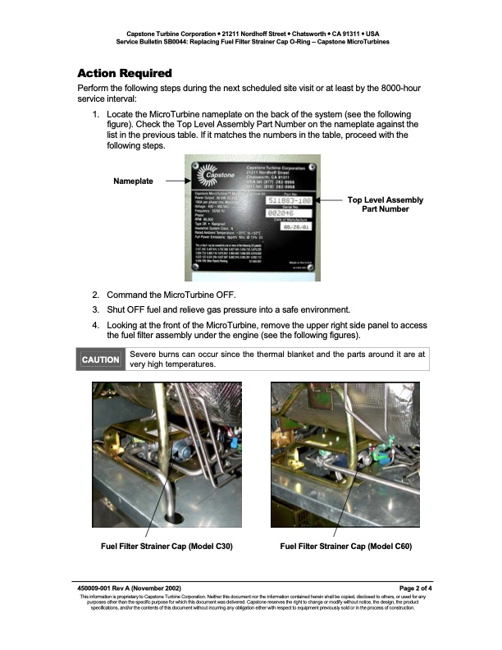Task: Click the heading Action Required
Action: tap(124, 74)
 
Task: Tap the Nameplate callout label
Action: tap(133, 181)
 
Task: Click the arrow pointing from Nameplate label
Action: tap(174, 181)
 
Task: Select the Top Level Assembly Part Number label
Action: tap(385, 204)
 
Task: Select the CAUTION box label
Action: tap(101, 359)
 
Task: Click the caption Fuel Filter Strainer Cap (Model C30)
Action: tap(166, 546)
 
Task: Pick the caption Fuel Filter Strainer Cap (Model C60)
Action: tap(345, 546)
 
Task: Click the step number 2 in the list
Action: tap(95, 295)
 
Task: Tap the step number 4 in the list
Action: tap(95, 324)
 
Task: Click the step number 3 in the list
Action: tap(95, 309)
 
